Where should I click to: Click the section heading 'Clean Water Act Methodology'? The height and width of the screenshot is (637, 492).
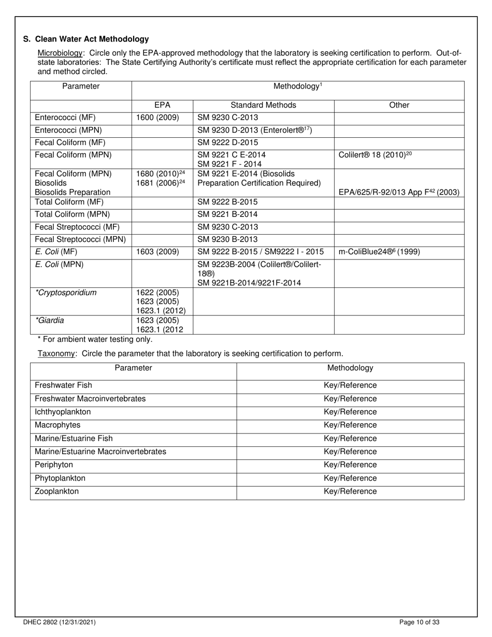(x=92, y=39)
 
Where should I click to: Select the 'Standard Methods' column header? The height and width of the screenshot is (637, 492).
(x=263, y=105)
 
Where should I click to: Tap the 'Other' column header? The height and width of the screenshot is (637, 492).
(x=399, y=105)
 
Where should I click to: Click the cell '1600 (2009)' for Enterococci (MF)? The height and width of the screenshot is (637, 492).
(x=157, y=118)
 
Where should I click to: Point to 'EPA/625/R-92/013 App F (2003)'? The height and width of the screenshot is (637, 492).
(x=399, y=192)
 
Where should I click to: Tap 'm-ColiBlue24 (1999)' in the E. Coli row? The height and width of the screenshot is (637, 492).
(x=379, y=252)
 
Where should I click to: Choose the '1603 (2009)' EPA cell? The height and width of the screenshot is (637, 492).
(x=157, y=252)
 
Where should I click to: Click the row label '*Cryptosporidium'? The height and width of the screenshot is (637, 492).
(x=66, y=293)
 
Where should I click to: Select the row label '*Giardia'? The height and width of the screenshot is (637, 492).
(x=50, y=321)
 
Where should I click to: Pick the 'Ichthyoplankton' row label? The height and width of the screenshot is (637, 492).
(x=63, y=412)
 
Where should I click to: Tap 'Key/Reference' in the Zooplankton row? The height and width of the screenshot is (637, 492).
(x=350, y=491)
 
